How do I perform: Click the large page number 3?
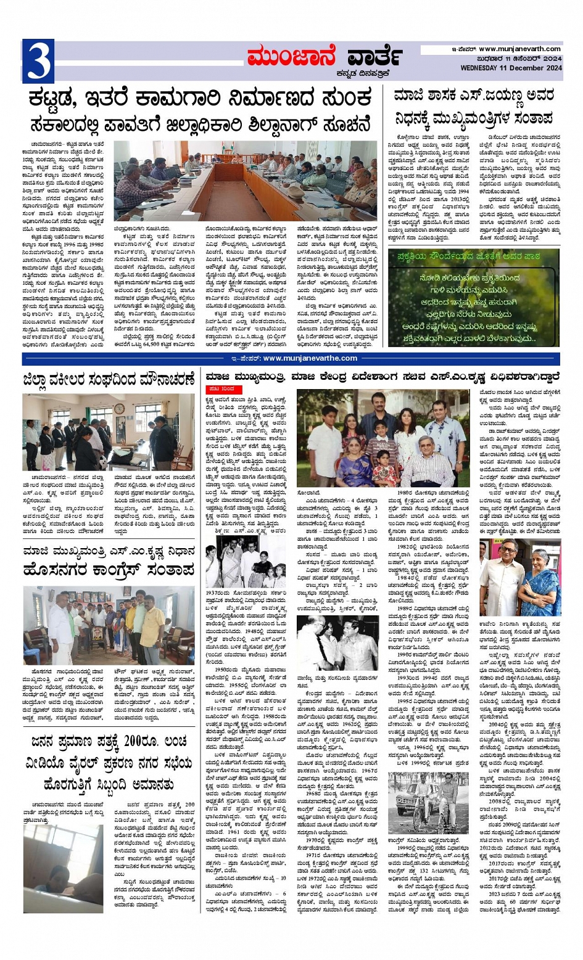click(38, 61)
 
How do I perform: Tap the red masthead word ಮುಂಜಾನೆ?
click(292, 57)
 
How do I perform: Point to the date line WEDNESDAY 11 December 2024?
click(511, 67)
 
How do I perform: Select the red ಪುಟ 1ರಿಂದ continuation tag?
click(221, 389)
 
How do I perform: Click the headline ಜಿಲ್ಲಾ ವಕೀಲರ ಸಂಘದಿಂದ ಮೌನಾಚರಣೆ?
click(109, 379)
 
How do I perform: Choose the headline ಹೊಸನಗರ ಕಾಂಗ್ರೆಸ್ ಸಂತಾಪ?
click(109, 570)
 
